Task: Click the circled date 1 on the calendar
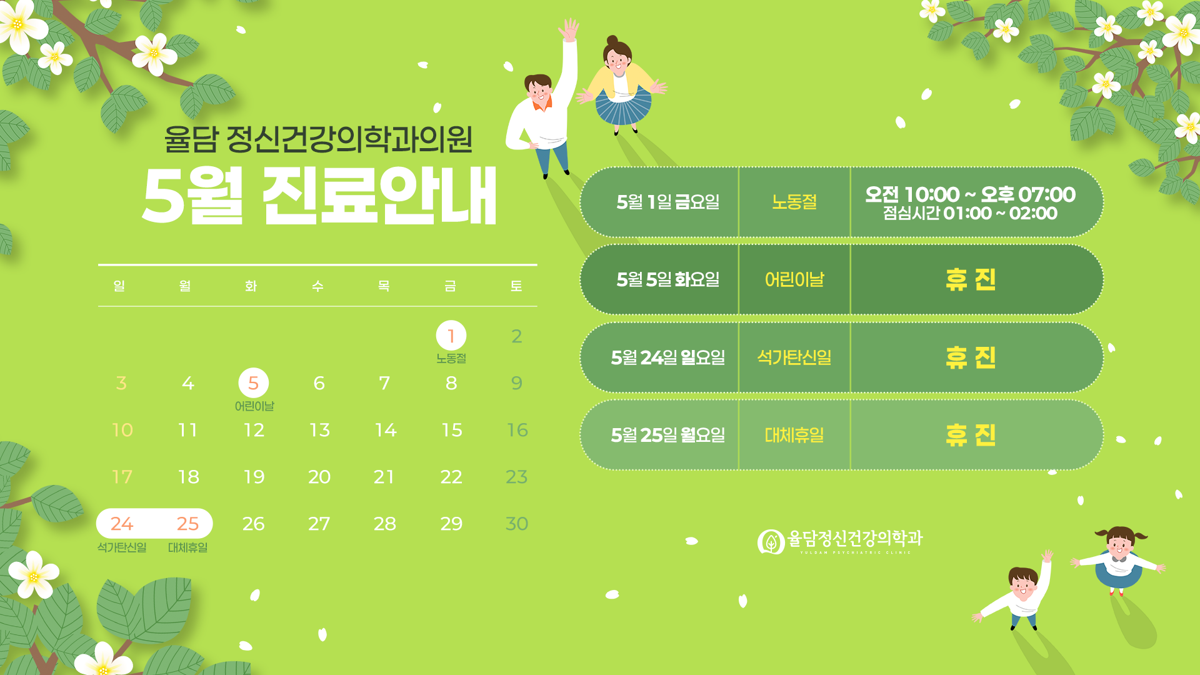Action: (x=451, y=336)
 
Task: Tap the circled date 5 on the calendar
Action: (x=253, y=383)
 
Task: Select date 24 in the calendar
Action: (x=122, y=524)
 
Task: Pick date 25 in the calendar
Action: (x=187, y=524)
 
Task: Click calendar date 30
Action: (x=517, y=524)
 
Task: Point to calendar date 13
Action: (x=319, y=430)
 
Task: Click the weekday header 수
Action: (x=317, y=286)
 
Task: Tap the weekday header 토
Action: (x=516, y=286)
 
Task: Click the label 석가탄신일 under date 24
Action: (x=122, y=547)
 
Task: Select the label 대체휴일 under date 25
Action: (x=187, y=547)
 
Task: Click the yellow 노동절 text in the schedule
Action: (x=794, y=202)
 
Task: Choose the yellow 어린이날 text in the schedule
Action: (x=794, y=279)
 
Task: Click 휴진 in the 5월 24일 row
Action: (x=971, y=357)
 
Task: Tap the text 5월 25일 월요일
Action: (x=667, y=435)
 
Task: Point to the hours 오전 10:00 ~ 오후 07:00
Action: (x=970, y=194)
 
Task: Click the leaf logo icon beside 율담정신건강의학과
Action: (x=771, y=542)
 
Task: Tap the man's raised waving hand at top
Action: (x=569, y=29)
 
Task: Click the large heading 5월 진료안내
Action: (x=319, y=196)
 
